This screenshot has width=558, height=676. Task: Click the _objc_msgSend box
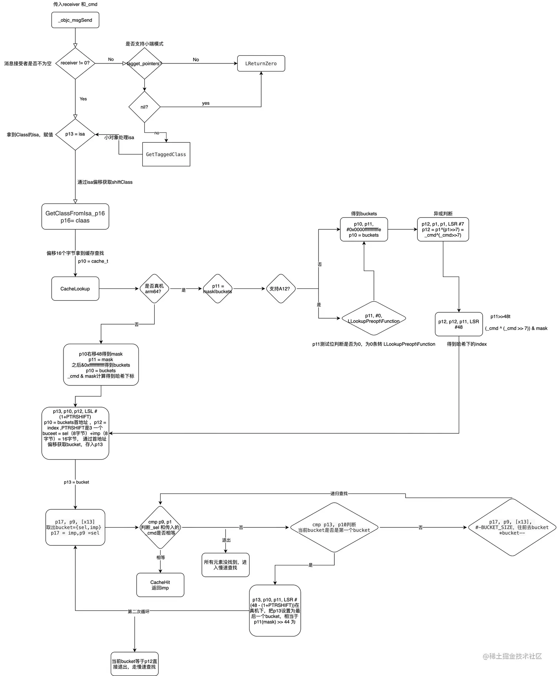point(75,20)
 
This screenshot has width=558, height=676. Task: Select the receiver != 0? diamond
point(75,63)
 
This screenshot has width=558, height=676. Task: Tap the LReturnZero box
point(261,63)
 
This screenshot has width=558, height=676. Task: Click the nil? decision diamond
point(144,107)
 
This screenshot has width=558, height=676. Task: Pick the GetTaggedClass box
point(166,154)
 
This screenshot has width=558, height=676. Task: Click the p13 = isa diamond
point(75,134)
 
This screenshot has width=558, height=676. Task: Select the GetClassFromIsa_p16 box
point(75,217)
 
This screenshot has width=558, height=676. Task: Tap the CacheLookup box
point(75,289)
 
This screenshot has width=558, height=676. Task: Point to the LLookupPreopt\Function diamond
point(373,318)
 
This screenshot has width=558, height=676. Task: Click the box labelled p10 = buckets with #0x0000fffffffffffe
point(364,229)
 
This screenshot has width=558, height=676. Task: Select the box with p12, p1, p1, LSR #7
point(443,229)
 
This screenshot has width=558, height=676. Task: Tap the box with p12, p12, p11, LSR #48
point(459,324)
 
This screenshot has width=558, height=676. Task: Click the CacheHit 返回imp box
point(160,585)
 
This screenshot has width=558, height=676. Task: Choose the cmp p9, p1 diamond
point(160,527)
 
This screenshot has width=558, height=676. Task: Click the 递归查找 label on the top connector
point(339,493)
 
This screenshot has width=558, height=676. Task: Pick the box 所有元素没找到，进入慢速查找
point(225,565)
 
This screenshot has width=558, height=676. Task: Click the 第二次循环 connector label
point(139,611)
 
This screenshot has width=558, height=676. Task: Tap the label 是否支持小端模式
point(144,44)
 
